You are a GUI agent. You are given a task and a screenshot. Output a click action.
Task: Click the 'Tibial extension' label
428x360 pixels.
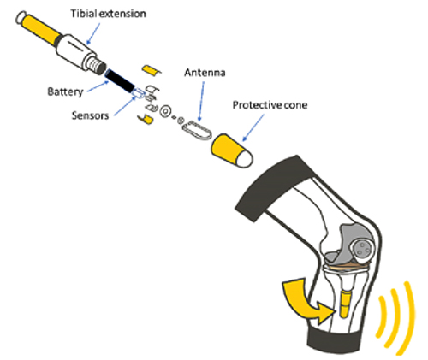[x=109, y=14]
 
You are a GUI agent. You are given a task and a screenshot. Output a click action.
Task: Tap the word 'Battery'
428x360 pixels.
[x=65, y=91]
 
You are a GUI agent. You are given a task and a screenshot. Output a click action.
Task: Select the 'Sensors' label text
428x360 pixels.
[x=90, y=115]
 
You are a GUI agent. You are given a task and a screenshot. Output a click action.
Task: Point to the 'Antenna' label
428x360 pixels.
[x=205, y=73]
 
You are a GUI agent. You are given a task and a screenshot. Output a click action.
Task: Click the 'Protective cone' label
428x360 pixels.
[x=270, y=105]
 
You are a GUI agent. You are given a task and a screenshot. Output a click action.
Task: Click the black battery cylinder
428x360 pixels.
[x=119, y=80]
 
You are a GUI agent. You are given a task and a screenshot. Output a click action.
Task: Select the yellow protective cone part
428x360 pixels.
[x=231, y=150]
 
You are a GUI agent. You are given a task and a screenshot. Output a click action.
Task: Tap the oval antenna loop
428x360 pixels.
[x=197, y=131]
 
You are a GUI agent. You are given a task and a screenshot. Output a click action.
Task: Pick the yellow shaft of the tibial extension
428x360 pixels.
[x=40, y=27]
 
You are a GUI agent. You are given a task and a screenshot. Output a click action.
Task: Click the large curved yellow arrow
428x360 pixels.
[x=306, y=301]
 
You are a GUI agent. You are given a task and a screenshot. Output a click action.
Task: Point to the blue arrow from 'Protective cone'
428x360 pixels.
[x=253, y=127]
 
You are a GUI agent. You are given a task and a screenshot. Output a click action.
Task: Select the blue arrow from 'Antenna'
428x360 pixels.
[x=201, y=102]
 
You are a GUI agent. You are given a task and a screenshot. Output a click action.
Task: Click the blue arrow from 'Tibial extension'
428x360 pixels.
[x=93, y=33]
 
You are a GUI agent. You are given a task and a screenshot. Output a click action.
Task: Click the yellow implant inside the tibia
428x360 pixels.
[x=345, y=304]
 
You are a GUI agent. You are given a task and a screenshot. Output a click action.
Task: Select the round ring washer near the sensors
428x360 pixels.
[x=165, y=111]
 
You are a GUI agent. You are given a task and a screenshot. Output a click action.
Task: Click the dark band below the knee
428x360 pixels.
[x=334, y=340]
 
